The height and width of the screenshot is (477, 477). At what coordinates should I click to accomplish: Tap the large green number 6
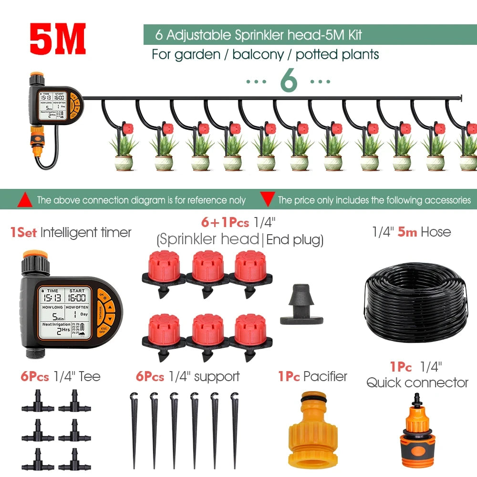[x=289, y=81]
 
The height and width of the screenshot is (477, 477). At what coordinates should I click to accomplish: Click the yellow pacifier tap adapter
[x=312, y=431]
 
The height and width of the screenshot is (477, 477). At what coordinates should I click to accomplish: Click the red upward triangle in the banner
[x=25, y=200]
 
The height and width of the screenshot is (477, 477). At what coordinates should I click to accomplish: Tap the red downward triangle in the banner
[x=268, y=199]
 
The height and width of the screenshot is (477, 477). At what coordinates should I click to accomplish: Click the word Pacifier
[x=325, y=376]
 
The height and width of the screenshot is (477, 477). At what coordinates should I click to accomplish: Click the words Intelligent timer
[x=86, y=233]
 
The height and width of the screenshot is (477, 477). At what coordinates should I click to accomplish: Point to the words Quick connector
[x=417, y=383]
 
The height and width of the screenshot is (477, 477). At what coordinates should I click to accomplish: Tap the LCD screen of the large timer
[x=61, y=312]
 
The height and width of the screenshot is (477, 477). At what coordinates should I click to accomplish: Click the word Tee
[x=90, y=376]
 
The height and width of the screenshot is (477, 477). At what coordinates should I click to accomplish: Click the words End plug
[x=294, y=239]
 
